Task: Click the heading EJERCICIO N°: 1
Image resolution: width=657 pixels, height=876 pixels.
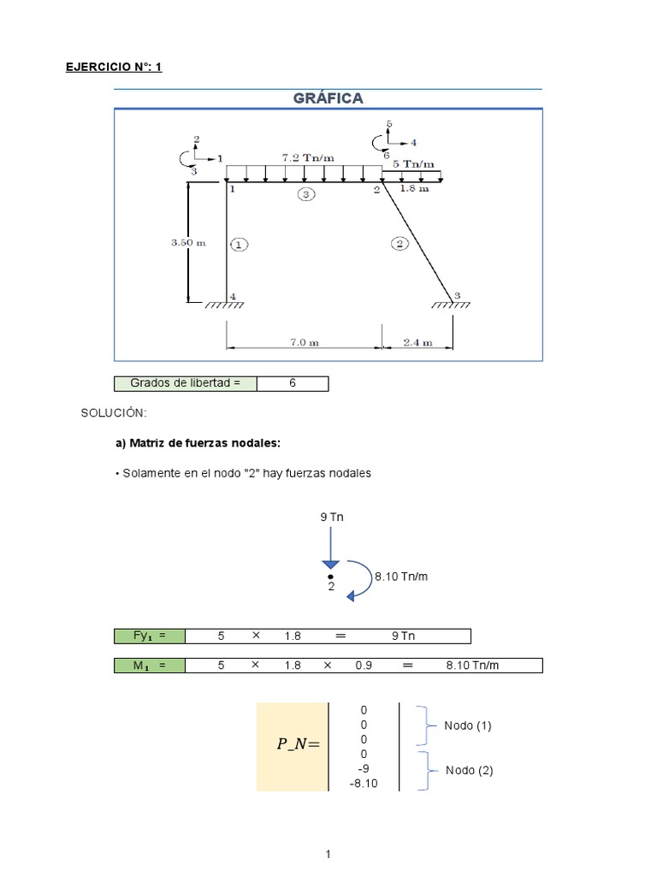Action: (x=114, y=66)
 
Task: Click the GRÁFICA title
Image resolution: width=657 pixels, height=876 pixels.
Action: (x=328, y=98)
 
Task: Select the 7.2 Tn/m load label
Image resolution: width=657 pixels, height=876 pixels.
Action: (x=309, y=157)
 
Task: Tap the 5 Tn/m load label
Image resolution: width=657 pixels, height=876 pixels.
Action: (x=413, y=163)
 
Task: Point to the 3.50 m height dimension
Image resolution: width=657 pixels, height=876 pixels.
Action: (x=188, y=242)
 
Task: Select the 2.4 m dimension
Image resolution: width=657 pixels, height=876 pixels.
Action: (x=417, y=342)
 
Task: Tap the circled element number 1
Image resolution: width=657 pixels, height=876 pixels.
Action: (x=239, y=245)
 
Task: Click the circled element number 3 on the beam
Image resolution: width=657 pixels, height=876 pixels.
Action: (x=306, y=195)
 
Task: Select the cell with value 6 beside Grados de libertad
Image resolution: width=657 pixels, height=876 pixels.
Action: (x=292, y=383)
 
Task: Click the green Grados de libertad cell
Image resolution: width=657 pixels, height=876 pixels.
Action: (x=185, y=383)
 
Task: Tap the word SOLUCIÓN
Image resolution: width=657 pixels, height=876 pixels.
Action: (x=114, y=413)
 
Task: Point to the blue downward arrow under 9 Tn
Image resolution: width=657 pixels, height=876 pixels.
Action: (x=330, y=547)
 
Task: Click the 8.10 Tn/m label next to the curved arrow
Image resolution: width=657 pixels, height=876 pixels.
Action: (x=400, y=577)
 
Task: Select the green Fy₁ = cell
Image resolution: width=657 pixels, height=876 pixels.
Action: (x=148, y=636)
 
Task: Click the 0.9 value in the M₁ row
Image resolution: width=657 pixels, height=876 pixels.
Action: (x=364, y=665)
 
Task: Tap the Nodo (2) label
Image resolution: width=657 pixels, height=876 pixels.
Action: (x=469, y=770)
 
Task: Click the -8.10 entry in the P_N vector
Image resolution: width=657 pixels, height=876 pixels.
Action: (x=364, y=783)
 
